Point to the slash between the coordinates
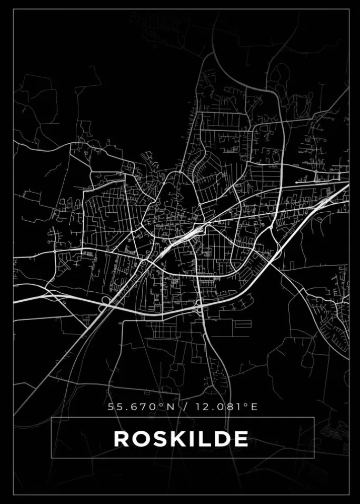pos(183,407)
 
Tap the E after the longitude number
pos(255,407)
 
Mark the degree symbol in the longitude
pos(247,404)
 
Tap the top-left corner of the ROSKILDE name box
pos(51,418)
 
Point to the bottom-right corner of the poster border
pos(349,495)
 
